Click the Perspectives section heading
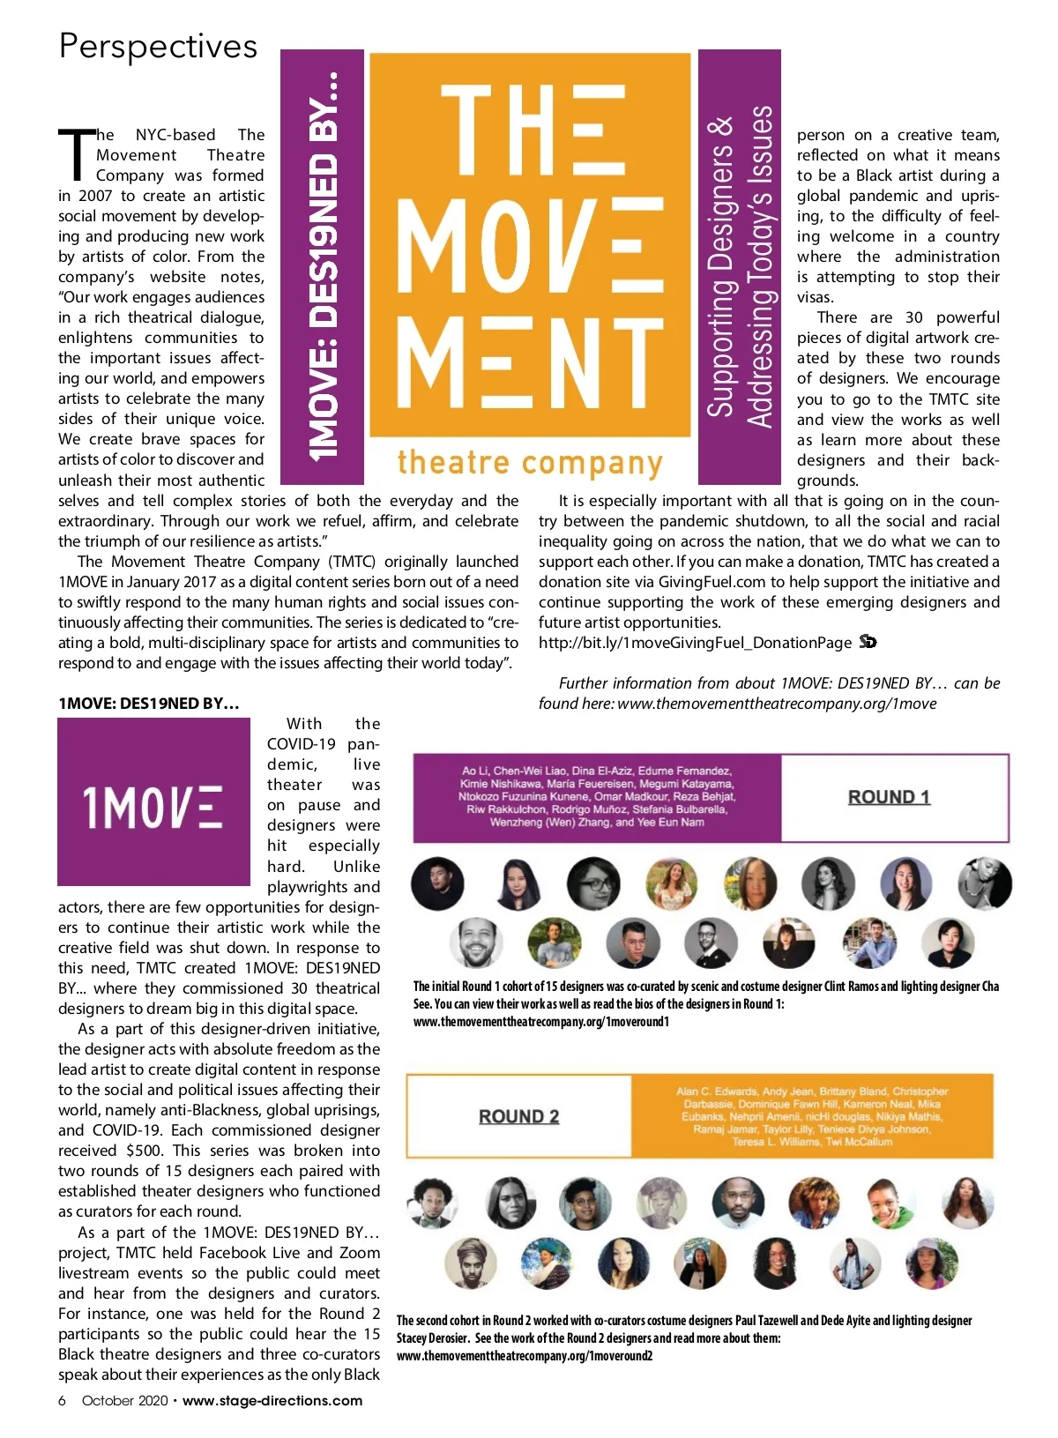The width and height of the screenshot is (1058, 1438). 158,46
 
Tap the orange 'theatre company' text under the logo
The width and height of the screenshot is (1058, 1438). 529,463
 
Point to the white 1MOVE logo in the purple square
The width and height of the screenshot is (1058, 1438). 153,806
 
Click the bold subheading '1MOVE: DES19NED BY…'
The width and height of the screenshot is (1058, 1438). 148,704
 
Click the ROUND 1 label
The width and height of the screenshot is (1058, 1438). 889,797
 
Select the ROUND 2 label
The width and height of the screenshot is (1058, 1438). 518,1116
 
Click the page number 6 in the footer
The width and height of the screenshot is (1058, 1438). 62,1401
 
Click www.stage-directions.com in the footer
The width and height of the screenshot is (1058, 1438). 272,1401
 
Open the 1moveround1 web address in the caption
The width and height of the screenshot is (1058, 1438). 540,1022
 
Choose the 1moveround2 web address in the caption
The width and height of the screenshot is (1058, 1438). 524,1356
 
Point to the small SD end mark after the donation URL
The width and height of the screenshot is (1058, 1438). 868,642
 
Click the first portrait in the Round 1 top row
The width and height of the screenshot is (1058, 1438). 437,883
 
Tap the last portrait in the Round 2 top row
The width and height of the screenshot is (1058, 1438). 968,1201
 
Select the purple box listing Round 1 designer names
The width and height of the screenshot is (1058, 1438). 597,797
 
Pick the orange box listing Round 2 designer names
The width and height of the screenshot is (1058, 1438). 811,1116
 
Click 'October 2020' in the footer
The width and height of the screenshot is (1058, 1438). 124,1401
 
